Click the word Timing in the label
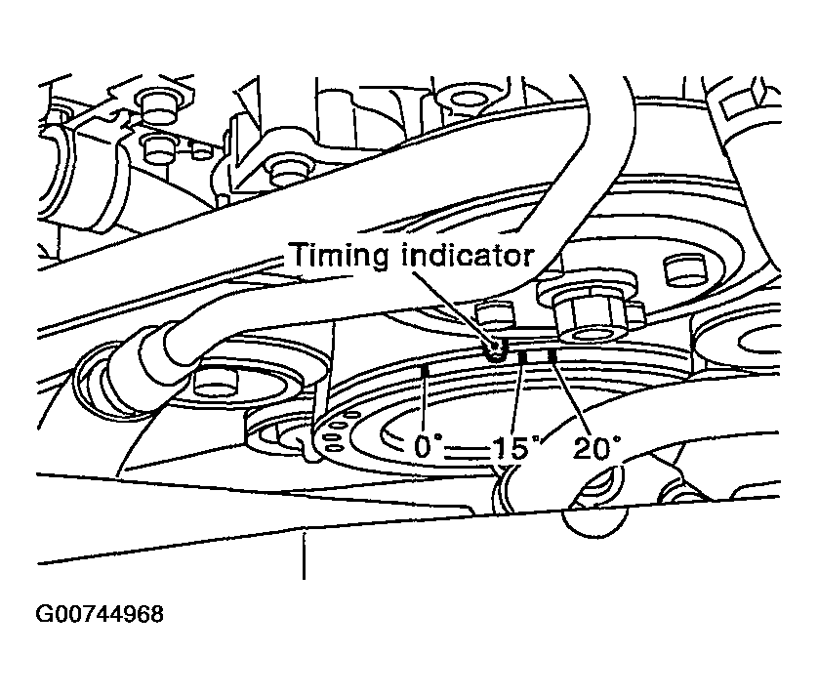(335, 257)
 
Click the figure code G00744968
(100, 615)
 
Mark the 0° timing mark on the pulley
(425, 372)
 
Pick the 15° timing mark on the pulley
(523, 359)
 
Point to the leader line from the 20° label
(572, 400)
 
